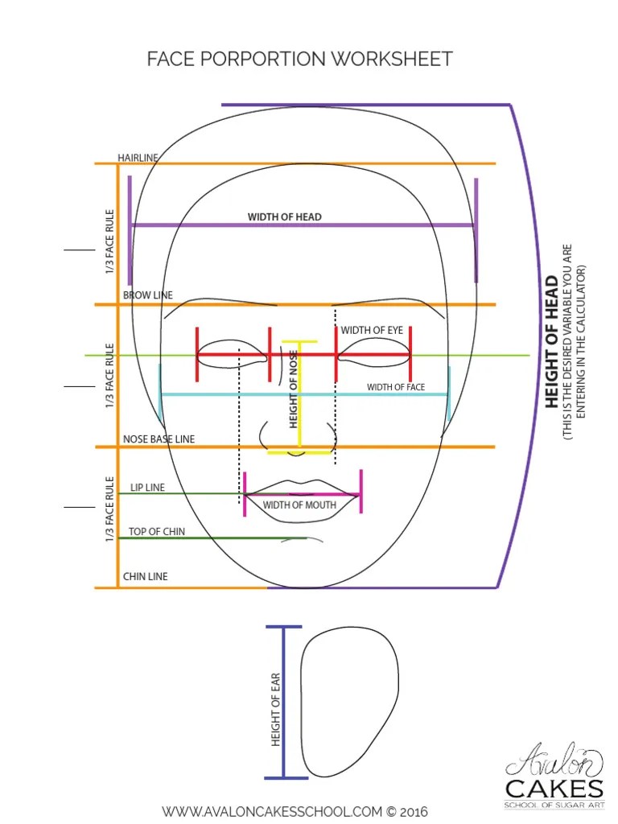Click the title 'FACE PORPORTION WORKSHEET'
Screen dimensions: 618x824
(299, 59)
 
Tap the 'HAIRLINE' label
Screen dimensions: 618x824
(138, 158)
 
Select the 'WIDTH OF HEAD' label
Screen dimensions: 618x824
(284, 216)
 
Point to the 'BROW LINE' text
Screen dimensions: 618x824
(148, 295)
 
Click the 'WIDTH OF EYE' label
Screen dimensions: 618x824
(372, 330)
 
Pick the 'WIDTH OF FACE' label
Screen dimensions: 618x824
(396, 387)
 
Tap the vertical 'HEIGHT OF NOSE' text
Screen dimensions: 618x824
(293, 389)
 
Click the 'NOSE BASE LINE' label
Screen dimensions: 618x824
(159, 439)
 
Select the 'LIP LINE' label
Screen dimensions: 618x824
(147, 487)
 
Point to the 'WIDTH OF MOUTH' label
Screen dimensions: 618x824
(299, 505)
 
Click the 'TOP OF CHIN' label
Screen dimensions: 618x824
(157, 531)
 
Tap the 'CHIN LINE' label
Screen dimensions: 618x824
(145, 576)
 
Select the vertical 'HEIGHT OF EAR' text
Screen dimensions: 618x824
(275, 710)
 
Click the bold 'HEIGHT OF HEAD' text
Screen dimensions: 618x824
(551, 341)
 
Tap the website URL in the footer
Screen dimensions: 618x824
(295, 812)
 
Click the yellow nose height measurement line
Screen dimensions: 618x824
(300, 397)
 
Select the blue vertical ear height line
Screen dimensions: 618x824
(284, 702)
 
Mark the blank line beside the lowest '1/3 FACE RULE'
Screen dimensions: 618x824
(80, 507)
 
